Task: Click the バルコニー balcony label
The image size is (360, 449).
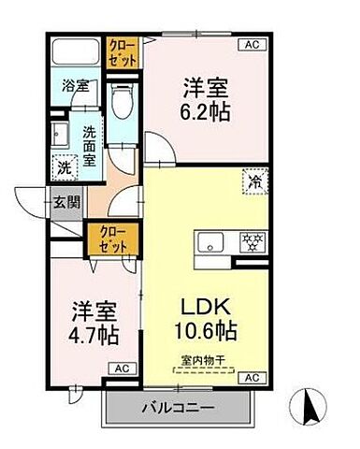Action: coord(177,409)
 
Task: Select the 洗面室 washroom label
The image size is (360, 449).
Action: coord(89,146)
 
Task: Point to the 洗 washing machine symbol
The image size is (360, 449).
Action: coord(63,168)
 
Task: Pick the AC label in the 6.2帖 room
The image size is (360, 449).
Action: coord(251,44)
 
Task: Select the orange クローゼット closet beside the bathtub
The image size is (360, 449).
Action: coord(122,51)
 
